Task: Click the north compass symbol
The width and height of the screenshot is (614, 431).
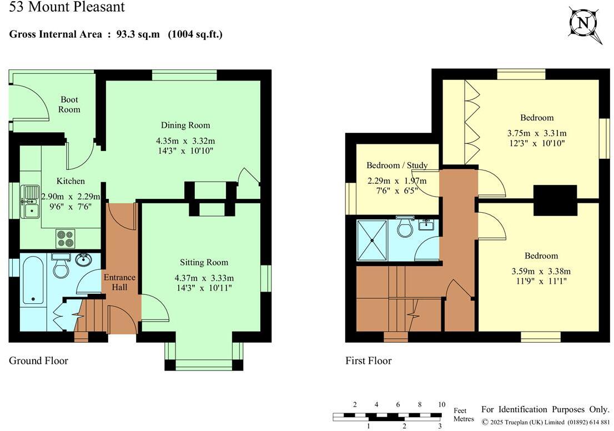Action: click(585, 23)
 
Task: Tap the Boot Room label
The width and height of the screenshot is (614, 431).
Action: click(69, 104)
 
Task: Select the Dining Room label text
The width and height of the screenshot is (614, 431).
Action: click(185, 125)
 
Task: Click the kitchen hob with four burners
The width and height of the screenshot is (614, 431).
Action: click(65, 238)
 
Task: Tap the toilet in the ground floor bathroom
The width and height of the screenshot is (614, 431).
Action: click(59, 267)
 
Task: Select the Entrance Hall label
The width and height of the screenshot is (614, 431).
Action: click(119, 282)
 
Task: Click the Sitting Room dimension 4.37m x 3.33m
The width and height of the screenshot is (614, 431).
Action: click(204, 278)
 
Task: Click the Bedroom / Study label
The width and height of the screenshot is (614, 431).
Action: click(397, 166)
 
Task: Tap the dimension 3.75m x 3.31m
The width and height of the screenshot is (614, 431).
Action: click(537, 133)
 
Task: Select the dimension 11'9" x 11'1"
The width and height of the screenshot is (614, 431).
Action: click(541, 282)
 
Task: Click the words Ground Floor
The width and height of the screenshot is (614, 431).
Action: click(38, 361)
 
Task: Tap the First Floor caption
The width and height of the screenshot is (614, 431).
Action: click(368, 361)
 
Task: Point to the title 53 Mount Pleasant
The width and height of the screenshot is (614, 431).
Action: click(67, 7)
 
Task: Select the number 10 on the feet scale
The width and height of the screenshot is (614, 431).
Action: click(441, 404)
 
